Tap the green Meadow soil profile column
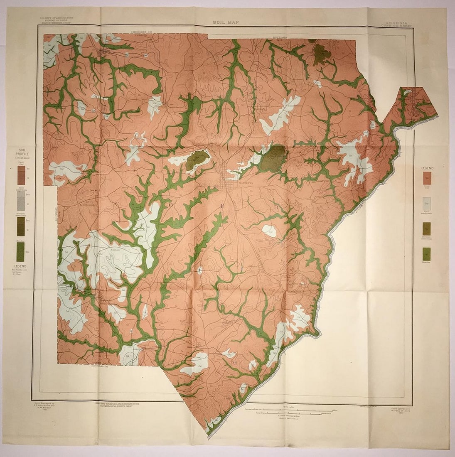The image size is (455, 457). (20, 252)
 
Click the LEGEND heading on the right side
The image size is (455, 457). (427, 168)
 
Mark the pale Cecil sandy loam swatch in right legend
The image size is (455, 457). (426, 204)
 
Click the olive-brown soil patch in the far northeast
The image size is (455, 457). (320, 54)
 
